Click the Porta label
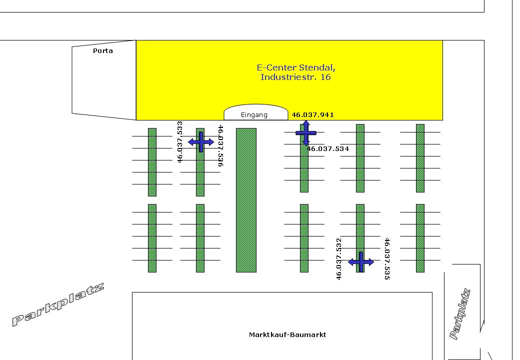103,50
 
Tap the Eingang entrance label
254,115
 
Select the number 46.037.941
312,114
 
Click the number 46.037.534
328,148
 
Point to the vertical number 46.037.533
179,141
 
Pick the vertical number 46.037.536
220,145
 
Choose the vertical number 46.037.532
338,258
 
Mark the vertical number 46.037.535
386,258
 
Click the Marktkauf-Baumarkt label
287,334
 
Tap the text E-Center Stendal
295,67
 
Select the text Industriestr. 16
295,77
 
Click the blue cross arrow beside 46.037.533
201,142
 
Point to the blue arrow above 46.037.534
306,132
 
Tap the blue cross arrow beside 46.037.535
361,262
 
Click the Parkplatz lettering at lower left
58,304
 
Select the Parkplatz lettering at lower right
460,314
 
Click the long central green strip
246,200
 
